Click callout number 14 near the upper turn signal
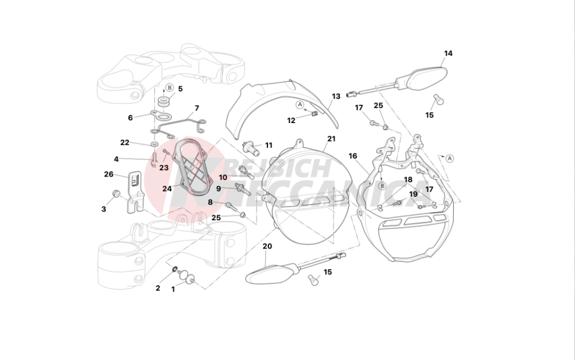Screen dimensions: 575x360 pos(448,53)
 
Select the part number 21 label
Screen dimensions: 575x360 pos(332,139)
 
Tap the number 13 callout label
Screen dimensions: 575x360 pos(336,97)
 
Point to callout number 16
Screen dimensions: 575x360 pos(353,156)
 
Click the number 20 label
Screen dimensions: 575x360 pos(267,246)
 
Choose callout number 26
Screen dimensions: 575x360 pos(109,174)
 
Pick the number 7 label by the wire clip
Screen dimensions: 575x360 pos(197,108)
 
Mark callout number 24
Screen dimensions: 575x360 pos(167,189)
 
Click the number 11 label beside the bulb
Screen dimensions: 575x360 pos(269,145)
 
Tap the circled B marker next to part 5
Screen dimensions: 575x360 pos(169,87)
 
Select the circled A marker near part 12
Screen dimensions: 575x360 pos(300,105)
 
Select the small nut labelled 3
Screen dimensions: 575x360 pos(116,193)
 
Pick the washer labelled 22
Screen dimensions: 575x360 pos(154,144)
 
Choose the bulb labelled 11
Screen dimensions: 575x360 pos(251,148)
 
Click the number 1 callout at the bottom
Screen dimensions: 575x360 pos(173,289)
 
